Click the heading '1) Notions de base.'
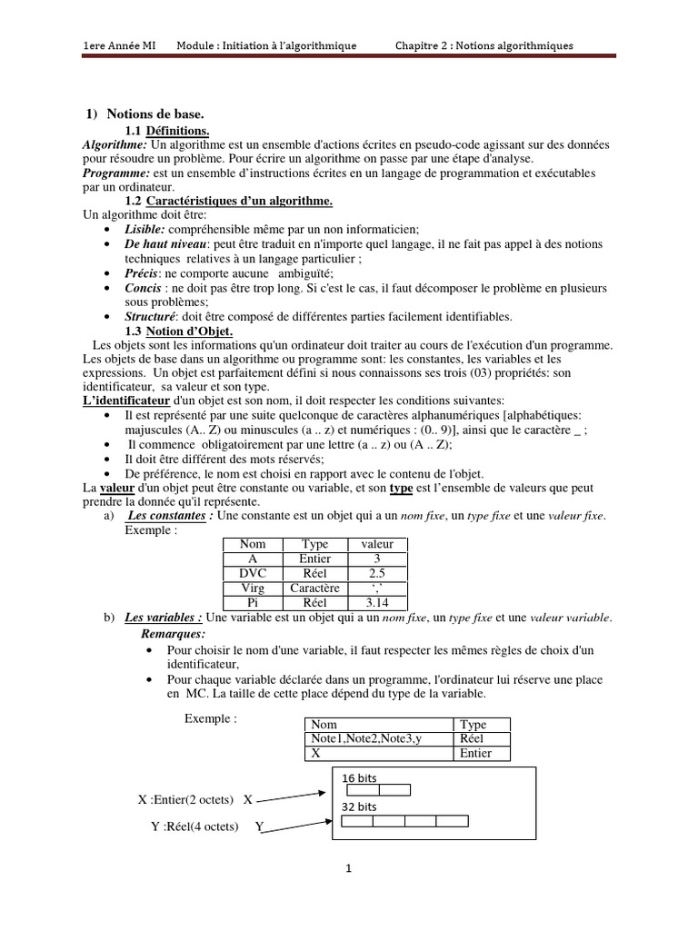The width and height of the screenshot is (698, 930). click(x=145, y=114)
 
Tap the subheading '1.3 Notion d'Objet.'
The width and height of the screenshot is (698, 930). click(x=179, y=331)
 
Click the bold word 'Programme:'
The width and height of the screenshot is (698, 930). click(x=115, y=172)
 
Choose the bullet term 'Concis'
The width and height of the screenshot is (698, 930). click(x=144, y=288)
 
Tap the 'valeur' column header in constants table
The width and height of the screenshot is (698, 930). click(x=377, y=544)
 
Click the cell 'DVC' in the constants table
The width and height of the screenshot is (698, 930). click(x=253, y=573)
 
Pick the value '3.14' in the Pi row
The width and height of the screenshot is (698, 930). click(x=377, y=601)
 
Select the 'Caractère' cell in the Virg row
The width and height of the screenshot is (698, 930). click(x=314, y=588)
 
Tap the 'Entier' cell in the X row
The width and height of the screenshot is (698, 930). click(x=476, y=754)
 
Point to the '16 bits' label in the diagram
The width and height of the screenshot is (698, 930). click(x=359, y=778)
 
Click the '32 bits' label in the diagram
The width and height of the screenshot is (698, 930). click(x=359, y=806)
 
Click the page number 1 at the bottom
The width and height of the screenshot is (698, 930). click(x=348, y=868)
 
